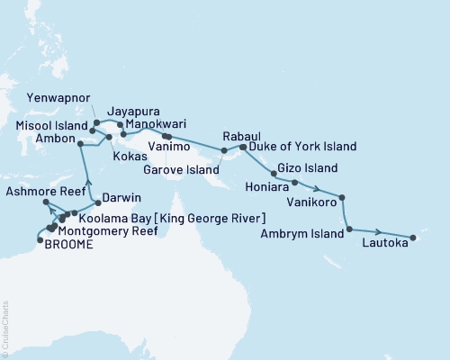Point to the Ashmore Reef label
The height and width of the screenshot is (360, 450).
pos(37,193)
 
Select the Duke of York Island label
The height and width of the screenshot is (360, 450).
pos(301,146)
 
